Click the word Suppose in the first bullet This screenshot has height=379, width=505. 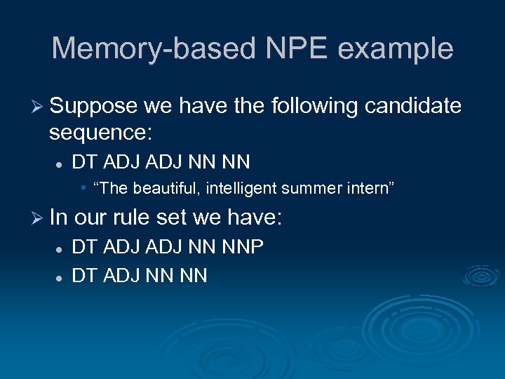point(93,106)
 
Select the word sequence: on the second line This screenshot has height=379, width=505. point(102,132)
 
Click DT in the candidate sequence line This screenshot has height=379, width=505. point(84,162)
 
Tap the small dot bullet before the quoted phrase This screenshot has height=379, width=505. point(83,188)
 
